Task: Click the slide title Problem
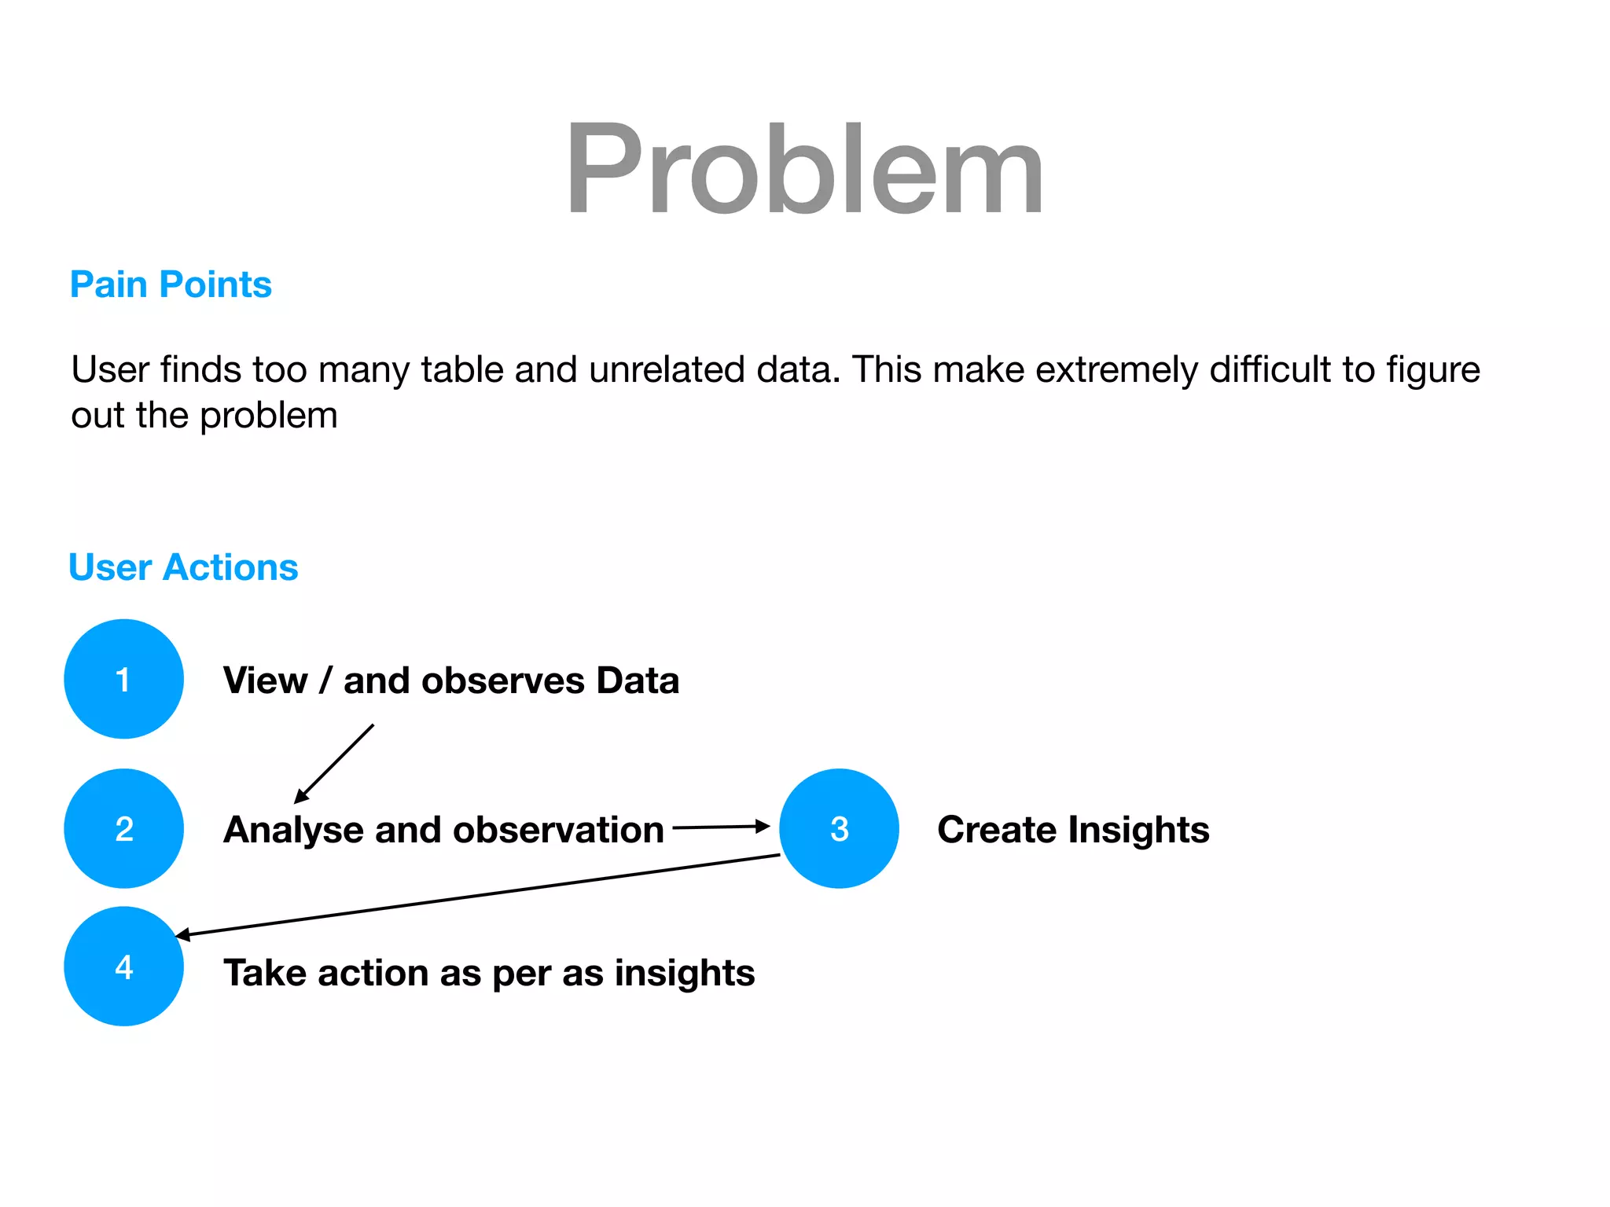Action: click(x=804, y=169)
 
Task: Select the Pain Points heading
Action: click(x=171, y=284)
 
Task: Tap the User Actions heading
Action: click(x=183, y=567)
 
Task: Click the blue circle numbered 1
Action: click(x=123, y=679)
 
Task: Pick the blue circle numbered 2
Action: click(x=123, y=828)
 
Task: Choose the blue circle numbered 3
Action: click(x=839, y=828)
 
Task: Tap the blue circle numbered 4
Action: click(x=123, y=966)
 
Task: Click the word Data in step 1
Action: click(x=637, y=681)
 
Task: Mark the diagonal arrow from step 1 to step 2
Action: click(x=335, y=763)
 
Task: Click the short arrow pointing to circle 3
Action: click(x=720, y=827)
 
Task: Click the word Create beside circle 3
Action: click(x=996, y=831)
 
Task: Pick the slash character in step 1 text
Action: click(x=325, y=681)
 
